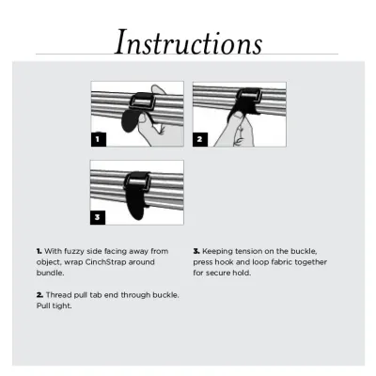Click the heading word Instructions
pyautogui.click(x=188, y=42)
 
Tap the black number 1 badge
pyautogui.click(x=99, y=139)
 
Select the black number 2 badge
pyautogui.click(x=200, y=139)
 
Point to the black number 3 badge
pyautogui.click(x=98, y=217)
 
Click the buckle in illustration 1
pyautogui.click(x=142, y=101)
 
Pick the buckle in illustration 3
pyautogui.click(x=137, y=181)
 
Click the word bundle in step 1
pyautogui.click(x=50, y=273)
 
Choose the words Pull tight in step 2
pyautogui.click(x=54, y=305)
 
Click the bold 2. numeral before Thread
pyautogui.click(x=39, y=295)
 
